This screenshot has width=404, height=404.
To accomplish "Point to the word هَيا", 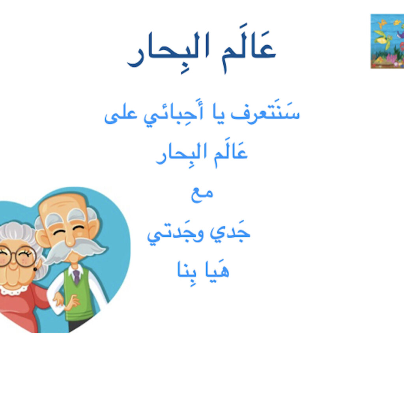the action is [x=217, y=269].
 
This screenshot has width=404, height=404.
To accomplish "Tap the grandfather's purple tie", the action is [x=77, y=277].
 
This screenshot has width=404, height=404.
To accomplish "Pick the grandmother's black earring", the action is [x=35, y=269].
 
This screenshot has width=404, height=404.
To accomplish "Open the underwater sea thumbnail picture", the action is [x=387, y=41].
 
